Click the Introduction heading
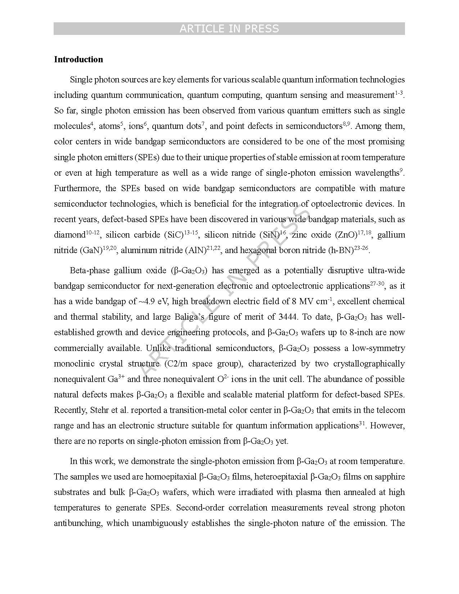(x=78, y=59)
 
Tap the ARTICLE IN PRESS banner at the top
(x=229, y=29)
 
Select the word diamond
(x=69, y=235)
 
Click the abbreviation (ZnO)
(x=346, y=235)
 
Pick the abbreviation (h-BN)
(x=341, y=251)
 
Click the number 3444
(x=288, y=317)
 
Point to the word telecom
(x=390, y=410)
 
